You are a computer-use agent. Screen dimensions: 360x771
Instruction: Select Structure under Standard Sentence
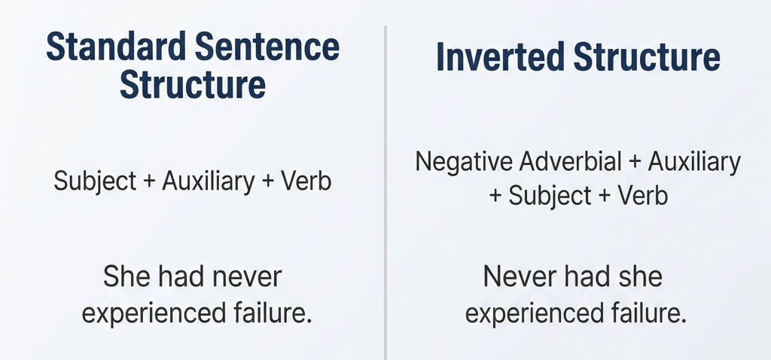(193, 84)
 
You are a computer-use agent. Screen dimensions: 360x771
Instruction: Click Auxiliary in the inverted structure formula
(693, 161)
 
